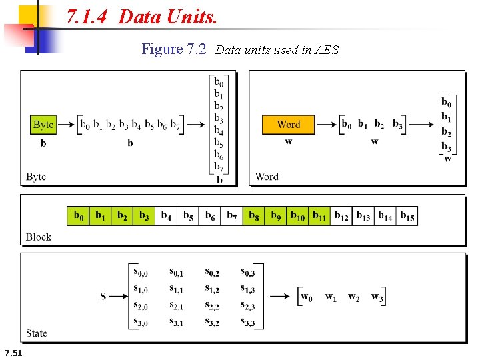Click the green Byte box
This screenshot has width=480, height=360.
[x=43, y=125]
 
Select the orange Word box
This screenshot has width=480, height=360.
[x=288, y=125]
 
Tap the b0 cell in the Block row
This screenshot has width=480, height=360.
[x=78, y=216]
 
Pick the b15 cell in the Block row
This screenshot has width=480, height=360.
[x=407, y=216]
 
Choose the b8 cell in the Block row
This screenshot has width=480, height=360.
[x=253, y=216]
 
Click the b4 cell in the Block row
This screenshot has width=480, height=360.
[x=166, y=216]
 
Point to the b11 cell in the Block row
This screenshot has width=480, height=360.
[x=319, y=216]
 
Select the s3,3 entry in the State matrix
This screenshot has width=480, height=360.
[x=247, y=323]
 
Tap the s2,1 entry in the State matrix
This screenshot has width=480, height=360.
[x=177, y=306]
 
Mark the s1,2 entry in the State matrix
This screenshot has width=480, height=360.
[x=212, y=289]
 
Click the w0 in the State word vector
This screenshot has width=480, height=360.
[x=307, y=297]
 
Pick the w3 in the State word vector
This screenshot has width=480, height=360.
[x=377, y=297]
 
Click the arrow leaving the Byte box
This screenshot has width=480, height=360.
[x=65, y=125]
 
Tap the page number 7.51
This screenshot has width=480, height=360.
[x=13, y=352]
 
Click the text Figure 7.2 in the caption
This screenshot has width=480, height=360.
[x=174, y=49]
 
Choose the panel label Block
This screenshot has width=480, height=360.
[x=39, y=237]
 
